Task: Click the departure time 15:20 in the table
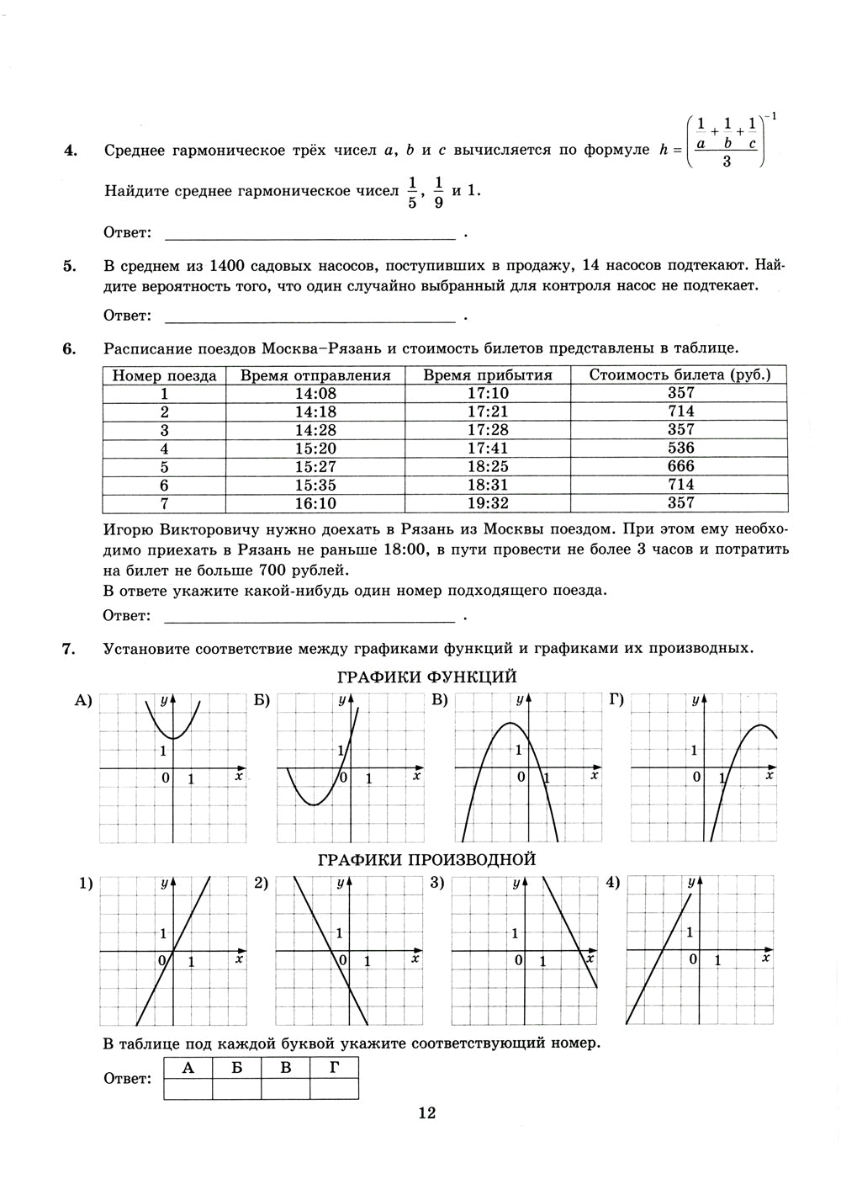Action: tap(315, 449)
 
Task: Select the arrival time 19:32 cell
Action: tap(488, 503)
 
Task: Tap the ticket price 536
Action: tap(680, 449)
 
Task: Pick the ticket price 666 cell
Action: tap(680, 466)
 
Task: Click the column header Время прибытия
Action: tap(488, 375)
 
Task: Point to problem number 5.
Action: tap(70, 267)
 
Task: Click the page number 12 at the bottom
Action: tap(426, 1113)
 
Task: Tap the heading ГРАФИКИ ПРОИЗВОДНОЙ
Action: tap(426, 860)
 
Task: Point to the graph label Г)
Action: tap(616, 700)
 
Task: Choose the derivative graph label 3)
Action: tap(436, 883)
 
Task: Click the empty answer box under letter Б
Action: tap(237, 1089)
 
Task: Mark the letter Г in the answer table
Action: tap(335, 1068)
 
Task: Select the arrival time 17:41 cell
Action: tap(488, 449)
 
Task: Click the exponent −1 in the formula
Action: tap(770, 117)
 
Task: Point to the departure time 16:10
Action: tap(315, 503)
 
